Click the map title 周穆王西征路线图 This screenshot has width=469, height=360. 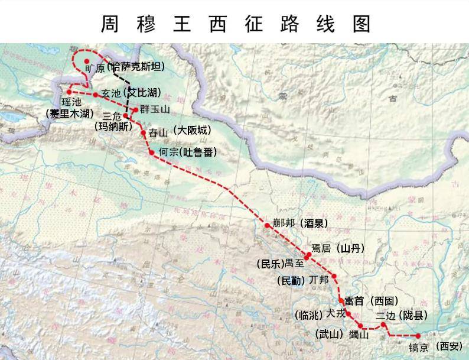pyautogui.click(x=234, y=23)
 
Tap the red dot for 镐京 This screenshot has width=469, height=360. pyautogui.click(x=418, y=336)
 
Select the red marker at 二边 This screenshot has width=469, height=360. pyautogui.click(x=384, y=324)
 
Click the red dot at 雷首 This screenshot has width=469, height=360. pyautogui.click(x=341, y=301)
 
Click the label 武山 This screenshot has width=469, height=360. pyautogui.click(x=329, y=335)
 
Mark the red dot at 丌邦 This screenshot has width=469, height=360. pyautogui.click(x=334, y=276)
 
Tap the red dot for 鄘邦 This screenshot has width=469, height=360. pyautogui.click(x=267, y=225)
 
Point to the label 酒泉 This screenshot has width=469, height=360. pyautogui.click(x=313, y=223)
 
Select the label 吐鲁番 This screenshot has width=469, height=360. pyautogui.click(x=198, y=153)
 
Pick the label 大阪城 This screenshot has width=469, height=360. pyautogui.click(x=193, y=131)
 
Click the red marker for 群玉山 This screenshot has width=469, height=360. pyautogui.click(x=136, y=110)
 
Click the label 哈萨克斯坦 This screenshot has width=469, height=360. pyautogui.click(x=138, y=67)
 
